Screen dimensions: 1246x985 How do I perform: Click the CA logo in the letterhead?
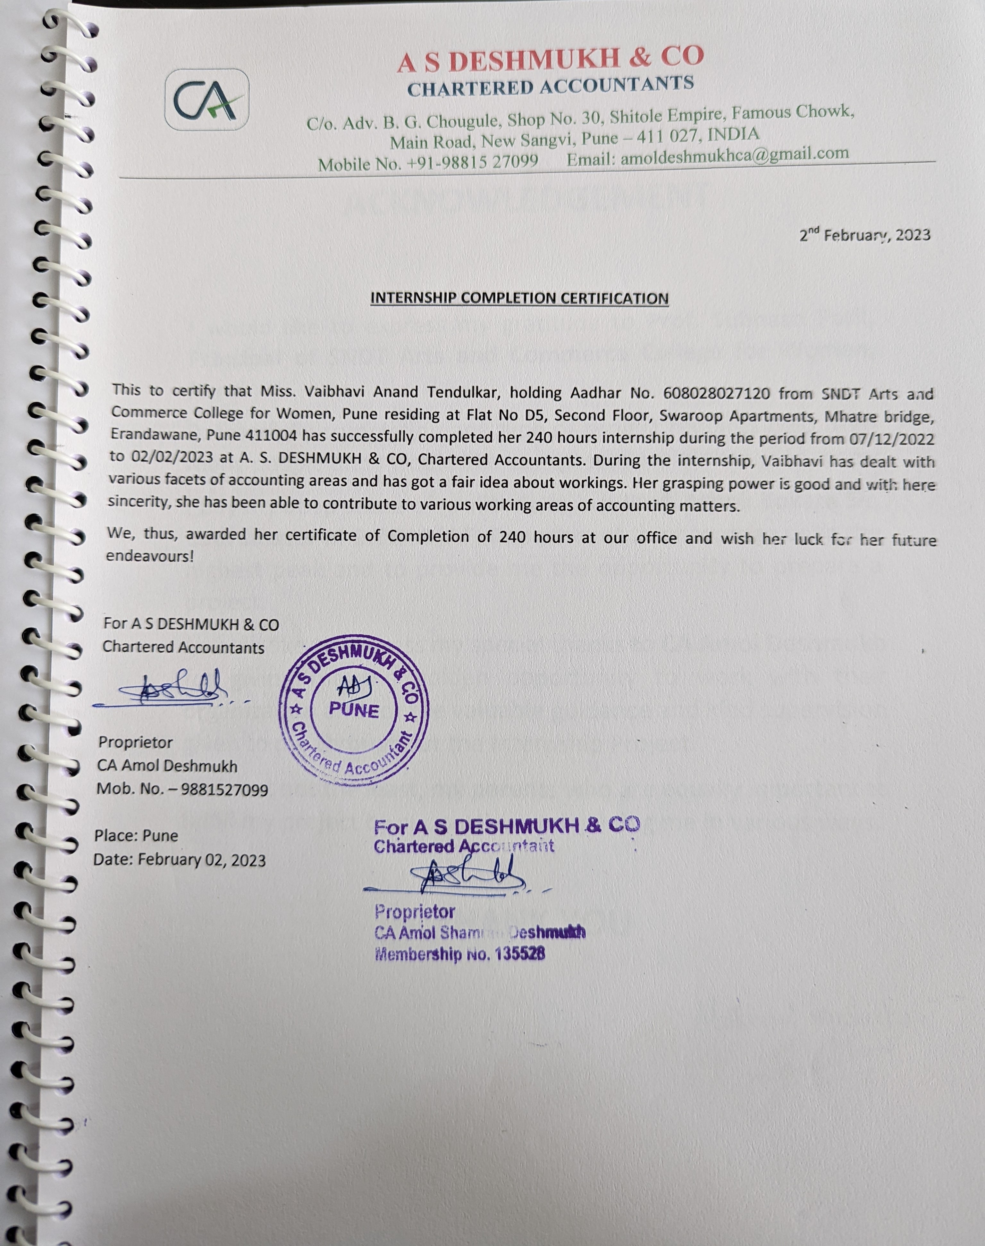pos(206,100)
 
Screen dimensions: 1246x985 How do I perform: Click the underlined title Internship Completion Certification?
pos(519,298)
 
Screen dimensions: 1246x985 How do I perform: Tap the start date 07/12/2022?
pos(892,439)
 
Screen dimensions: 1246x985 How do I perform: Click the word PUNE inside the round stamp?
pos(354,710)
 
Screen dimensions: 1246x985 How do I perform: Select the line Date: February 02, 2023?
pos(179,860)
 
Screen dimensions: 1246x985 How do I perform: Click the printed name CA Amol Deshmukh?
pos(167,766)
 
